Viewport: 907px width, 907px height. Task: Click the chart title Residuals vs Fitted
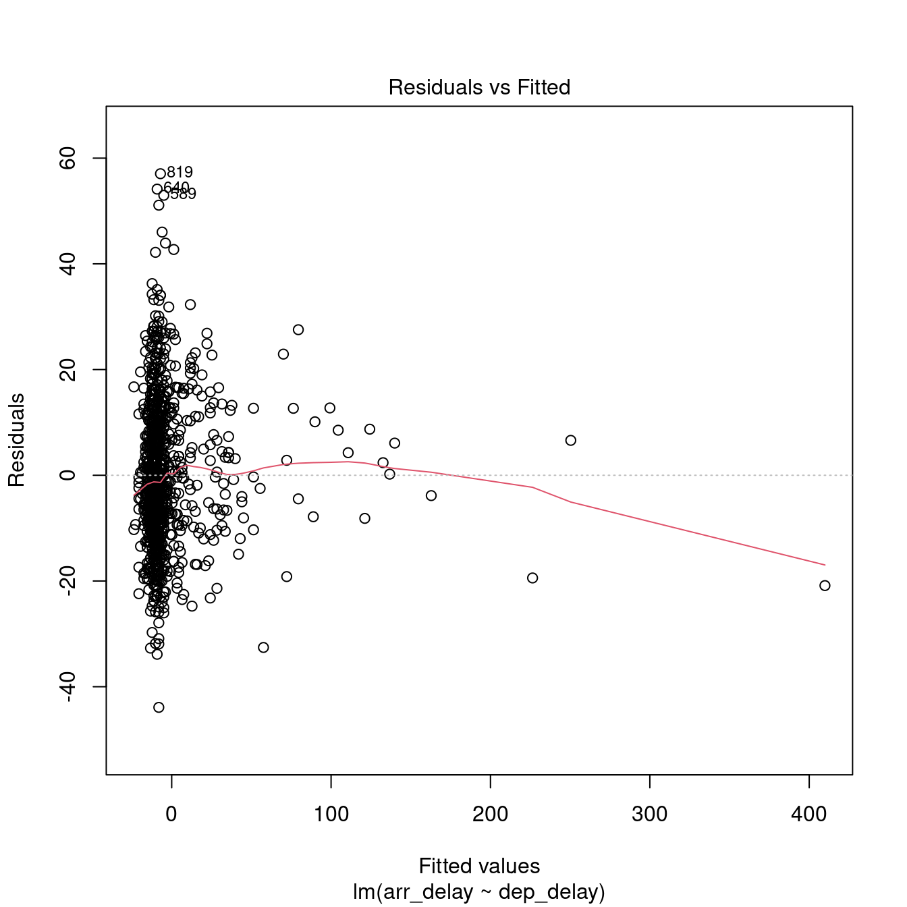479,88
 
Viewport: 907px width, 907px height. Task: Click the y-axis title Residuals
16,440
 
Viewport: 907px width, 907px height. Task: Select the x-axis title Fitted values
479,866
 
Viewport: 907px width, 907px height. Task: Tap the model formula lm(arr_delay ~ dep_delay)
479,892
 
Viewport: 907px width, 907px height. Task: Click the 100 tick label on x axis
331,814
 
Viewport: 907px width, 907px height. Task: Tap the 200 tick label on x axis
490,814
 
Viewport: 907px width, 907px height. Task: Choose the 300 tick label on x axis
649,814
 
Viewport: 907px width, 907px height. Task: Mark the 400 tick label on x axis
808,814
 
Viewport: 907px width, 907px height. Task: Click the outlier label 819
180,173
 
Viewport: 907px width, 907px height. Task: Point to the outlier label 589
183,194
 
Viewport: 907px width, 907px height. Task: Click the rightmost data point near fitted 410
825,586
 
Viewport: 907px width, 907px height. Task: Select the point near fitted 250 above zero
571,441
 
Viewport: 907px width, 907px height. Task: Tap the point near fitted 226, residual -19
532,578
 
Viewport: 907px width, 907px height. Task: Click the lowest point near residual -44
159,707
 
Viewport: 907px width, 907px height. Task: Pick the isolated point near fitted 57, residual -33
263,647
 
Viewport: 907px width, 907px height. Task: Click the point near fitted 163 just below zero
431,496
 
